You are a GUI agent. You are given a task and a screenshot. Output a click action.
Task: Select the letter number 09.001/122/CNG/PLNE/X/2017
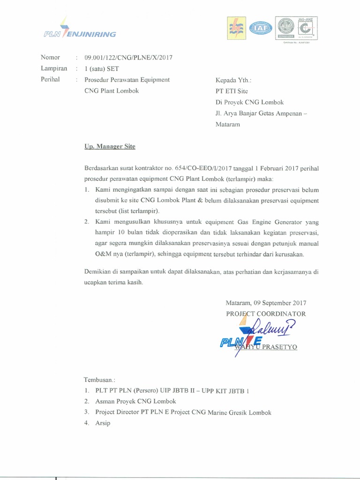128,58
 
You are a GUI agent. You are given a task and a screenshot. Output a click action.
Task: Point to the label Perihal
50,79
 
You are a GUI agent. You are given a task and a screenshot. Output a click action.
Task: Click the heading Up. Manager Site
110,147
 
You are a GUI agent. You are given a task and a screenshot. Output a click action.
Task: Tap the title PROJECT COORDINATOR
266,314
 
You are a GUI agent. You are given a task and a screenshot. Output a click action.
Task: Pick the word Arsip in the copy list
103,424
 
